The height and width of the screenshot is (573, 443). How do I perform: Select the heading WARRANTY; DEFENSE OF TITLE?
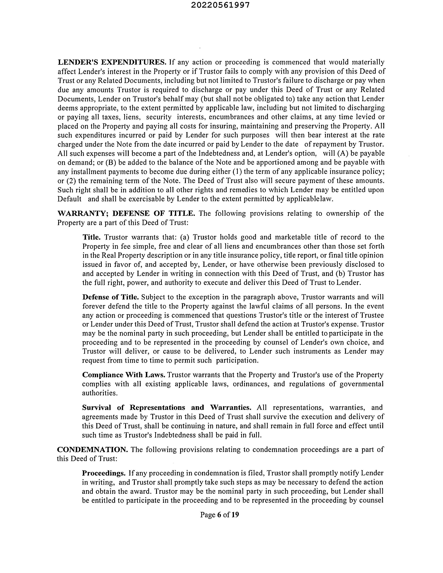click(126, 213)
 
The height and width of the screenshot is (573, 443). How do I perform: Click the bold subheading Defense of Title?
click(110, 297)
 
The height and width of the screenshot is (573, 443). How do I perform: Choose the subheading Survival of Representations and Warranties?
click(167, 407)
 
